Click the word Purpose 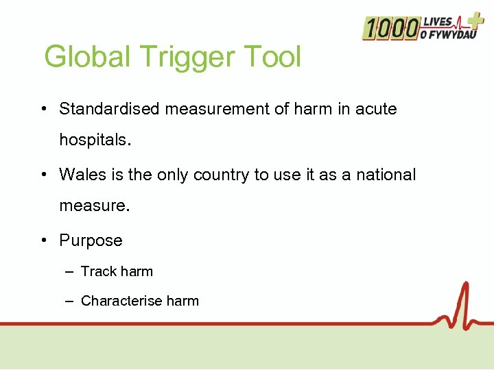91,241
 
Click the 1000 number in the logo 391,28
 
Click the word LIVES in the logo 438,21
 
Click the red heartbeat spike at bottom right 465,301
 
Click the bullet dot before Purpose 43,241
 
